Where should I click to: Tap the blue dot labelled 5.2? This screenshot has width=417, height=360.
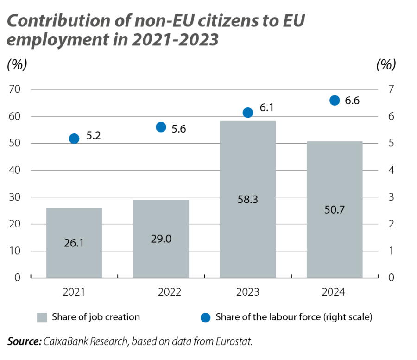(74, 139)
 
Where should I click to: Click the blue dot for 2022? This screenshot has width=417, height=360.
(161, 127)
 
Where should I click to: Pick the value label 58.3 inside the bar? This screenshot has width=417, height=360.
(247, 200)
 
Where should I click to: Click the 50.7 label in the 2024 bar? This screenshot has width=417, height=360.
(335, 210)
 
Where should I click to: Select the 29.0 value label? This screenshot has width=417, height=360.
(161, 239)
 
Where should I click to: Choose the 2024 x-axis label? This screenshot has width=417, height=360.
(334, 292)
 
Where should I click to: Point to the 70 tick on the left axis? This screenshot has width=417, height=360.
(15, 89)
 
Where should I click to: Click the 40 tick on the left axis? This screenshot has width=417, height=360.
(15, 170)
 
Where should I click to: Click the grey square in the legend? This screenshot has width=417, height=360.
(42, 318)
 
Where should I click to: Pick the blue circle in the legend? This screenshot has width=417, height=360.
(206, 318)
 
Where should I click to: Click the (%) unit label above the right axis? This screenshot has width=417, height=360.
(386, 65)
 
